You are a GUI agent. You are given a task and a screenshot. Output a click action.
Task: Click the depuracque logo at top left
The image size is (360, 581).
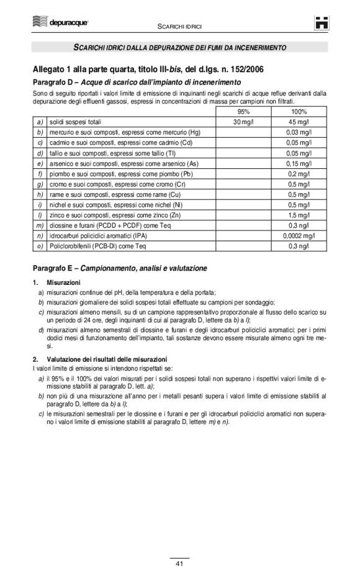click(60, 22)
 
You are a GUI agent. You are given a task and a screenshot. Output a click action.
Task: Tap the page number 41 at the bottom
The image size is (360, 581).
click(179, 564)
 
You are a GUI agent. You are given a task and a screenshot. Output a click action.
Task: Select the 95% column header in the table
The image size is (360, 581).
click(243, 112)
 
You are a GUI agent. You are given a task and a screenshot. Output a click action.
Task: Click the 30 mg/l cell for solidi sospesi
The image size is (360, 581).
click(243, 122)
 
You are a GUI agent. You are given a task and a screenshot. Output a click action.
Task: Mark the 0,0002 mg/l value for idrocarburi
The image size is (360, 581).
click(296, 235)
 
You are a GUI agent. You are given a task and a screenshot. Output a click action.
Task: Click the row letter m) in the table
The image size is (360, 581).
click(40, 225)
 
